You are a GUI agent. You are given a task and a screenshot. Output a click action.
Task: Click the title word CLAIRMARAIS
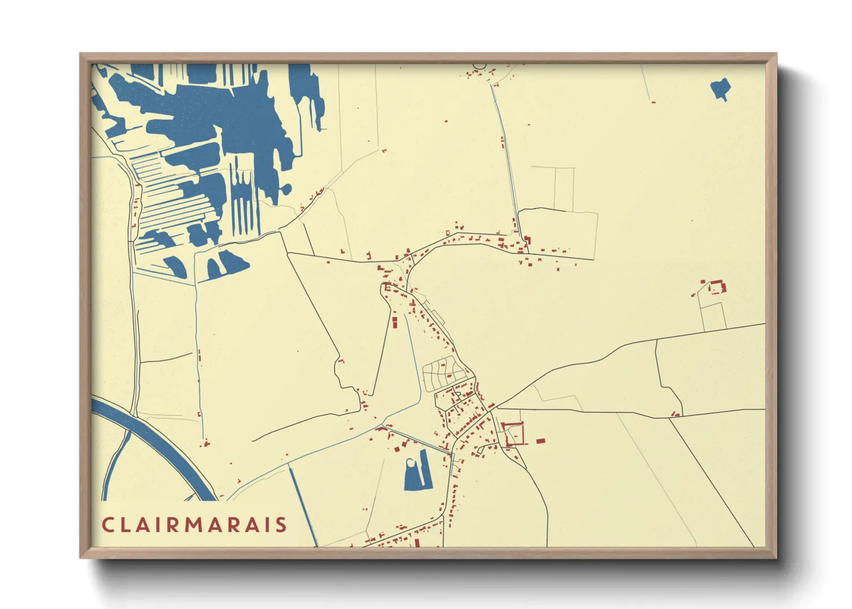(x=195, y=524)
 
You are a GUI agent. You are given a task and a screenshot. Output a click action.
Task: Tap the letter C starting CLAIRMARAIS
(x=107, y=524)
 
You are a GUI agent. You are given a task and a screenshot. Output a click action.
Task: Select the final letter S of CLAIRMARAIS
(x=282, y=524)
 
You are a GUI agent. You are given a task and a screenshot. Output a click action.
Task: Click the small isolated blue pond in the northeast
(x=721, y=88)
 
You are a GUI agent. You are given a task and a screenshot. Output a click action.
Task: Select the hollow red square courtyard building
(x=514, y=433)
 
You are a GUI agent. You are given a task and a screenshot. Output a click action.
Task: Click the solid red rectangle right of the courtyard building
(x=540, y=441)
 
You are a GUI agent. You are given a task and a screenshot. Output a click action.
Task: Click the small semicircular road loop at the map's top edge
(x=480, y=66)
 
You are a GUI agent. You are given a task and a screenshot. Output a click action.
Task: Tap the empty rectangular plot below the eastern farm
(x=714, y=315)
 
